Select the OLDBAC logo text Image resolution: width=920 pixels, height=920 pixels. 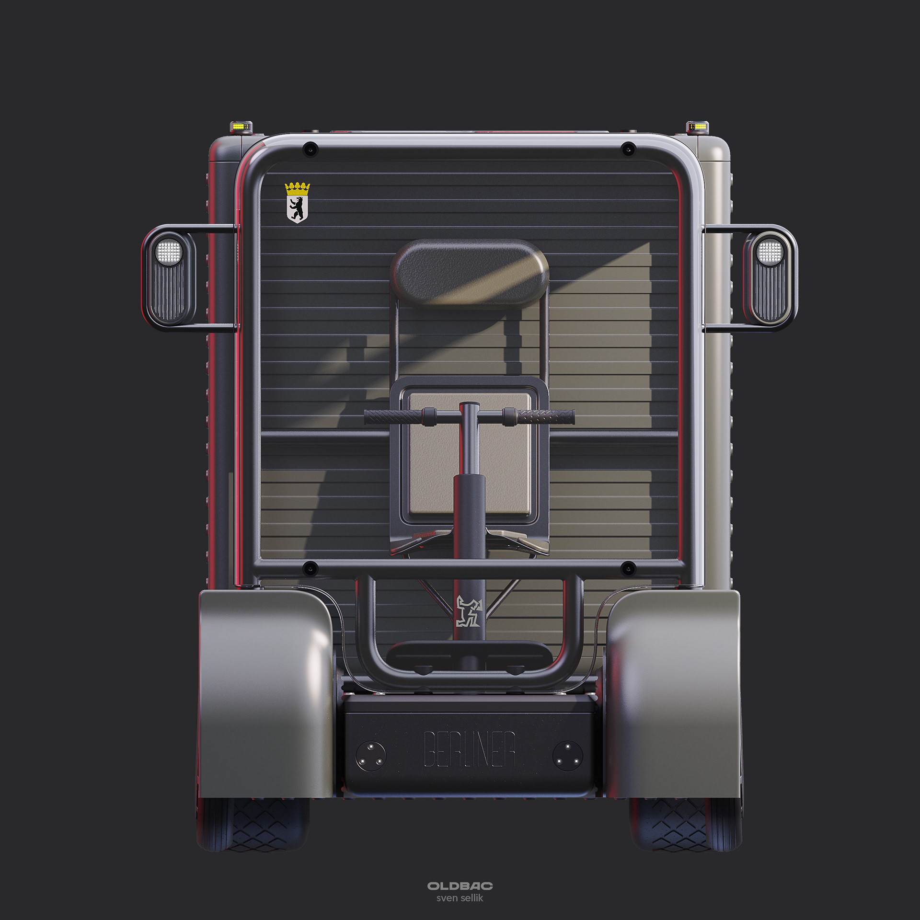click(x=460, y=886)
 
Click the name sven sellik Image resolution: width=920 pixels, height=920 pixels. click(x=460, y=898)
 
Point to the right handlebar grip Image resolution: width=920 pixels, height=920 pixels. click(x=545, y=416)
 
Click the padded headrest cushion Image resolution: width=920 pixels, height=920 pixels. click(x=470, y=275)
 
